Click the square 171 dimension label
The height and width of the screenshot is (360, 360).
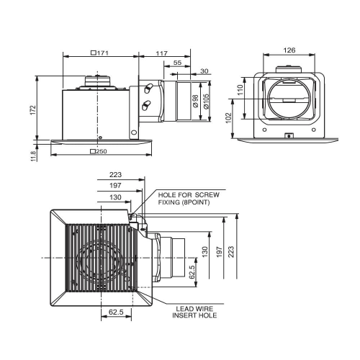point(100,53)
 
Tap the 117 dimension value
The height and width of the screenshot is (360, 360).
point(161,53)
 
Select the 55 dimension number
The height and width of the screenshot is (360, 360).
point(177,63)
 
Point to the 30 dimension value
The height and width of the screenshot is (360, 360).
point(204,71)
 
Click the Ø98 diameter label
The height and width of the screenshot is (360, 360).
point(196,101)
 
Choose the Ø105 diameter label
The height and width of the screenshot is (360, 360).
point(206,101)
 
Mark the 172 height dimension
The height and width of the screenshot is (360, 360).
point(33,110)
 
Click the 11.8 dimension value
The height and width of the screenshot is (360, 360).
point(34,156)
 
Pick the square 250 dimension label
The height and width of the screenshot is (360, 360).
point(99,151)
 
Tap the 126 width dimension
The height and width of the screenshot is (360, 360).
point(289,50)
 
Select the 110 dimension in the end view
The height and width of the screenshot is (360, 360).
point(240,90)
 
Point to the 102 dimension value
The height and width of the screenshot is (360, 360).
point(229,117)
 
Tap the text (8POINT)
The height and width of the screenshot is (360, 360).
point(196,202)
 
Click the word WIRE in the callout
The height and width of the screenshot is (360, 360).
point(204,309)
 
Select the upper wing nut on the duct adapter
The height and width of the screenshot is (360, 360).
point(148,88)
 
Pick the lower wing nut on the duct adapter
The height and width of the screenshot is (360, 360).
point(146,105)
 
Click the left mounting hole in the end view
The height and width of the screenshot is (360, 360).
point(264,130)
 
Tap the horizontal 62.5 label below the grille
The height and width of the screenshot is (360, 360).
point(116,312)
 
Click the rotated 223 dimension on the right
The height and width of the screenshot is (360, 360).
point(231,252)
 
